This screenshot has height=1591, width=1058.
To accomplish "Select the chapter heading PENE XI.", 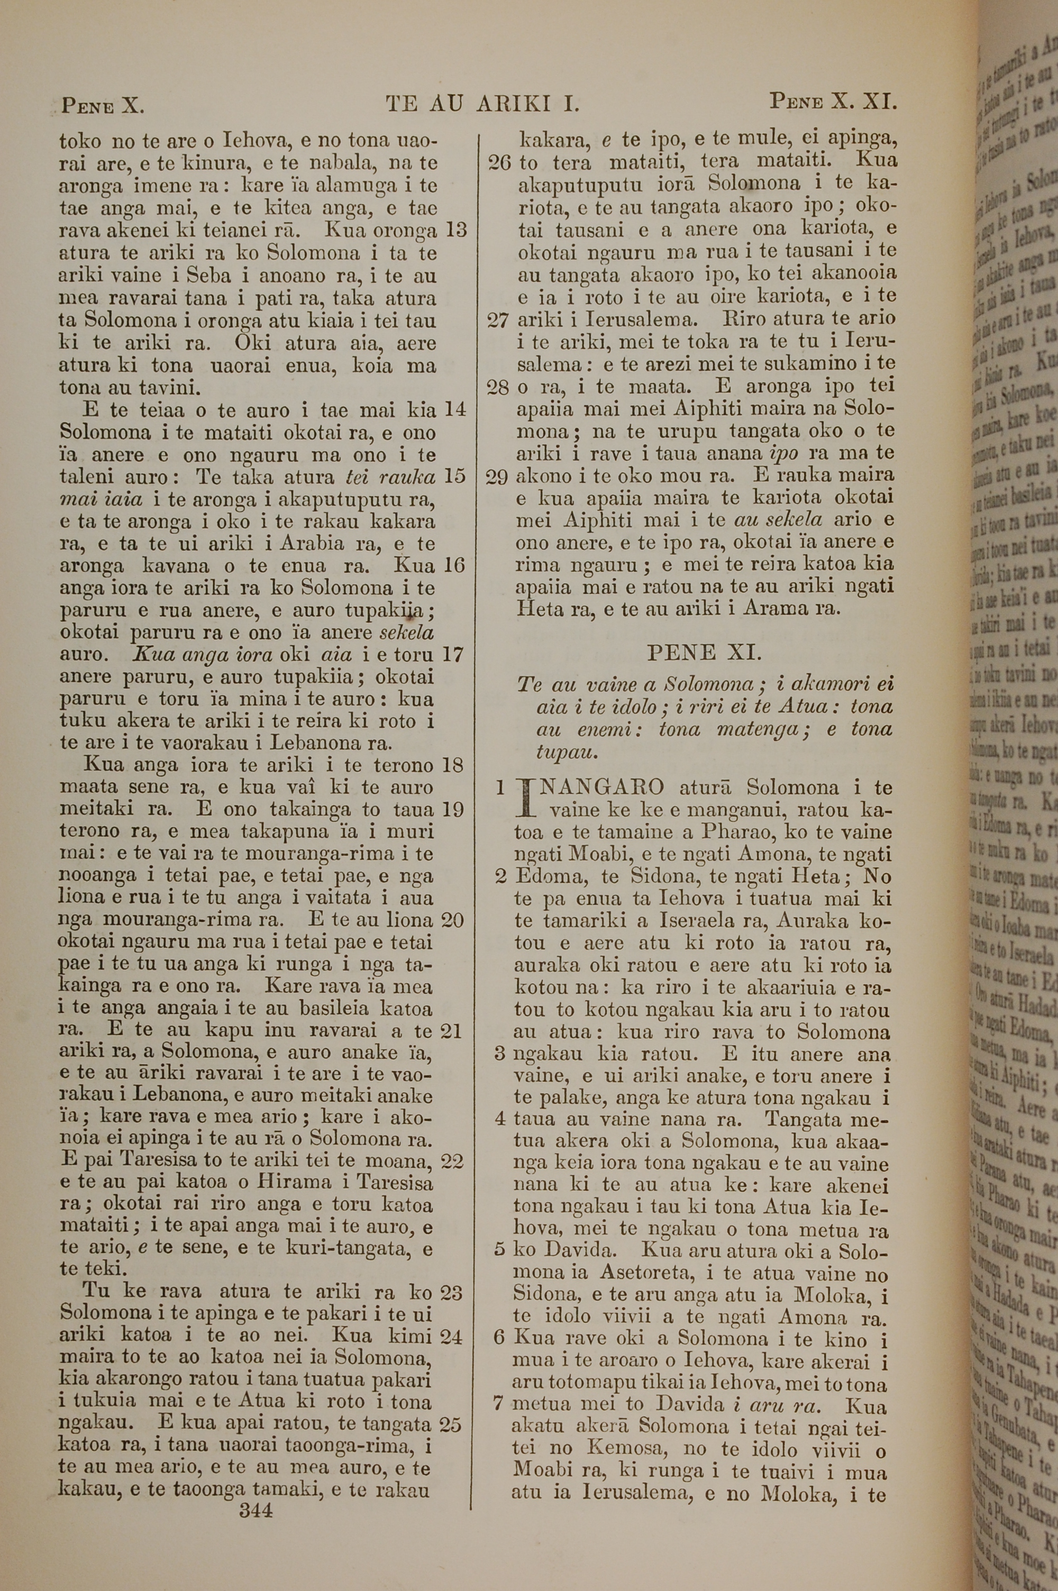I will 705,652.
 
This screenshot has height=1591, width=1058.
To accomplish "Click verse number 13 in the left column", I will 456,230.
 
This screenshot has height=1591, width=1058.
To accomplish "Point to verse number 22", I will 451,1162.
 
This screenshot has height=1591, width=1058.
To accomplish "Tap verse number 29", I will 497,477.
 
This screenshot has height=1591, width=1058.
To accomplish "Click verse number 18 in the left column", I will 452,765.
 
